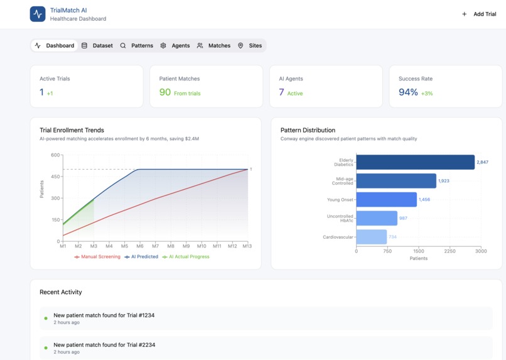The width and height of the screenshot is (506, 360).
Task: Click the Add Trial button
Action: pos(479,14)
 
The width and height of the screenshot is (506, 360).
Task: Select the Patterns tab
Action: pos(136,45)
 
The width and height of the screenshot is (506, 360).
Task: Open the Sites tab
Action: pos(249,45)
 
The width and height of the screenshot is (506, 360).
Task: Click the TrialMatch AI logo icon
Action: pos(38,14)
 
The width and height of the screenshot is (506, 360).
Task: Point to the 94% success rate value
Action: pos(408,92)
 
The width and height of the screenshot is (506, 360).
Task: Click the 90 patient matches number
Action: pos(165,92)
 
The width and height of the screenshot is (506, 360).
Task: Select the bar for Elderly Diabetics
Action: pos(415,162)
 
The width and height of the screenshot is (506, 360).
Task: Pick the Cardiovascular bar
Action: pos(371,237)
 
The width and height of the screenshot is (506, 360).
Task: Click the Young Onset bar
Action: pos(386,200)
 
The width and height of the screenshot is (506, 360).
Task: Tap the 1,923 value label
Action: pos(444,181)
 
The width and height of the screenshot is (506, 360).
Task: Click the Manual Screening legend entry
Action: pos(97,256)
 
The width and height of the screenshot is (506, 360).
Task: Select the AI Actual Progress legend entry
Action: pos(186,256)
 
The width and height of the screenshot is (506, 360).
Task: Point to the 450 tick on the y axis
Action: pos(55,177)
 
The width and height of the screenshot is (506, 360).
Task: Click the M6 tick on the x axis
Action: pos(139,246)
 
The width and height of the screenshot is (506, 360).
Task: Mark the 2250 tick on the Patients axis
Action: pos(449,251)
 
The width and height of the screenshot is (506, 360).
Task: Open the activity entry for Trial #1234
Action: pos(104,315)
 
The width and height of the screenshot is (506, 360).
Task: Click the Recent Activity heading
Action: pos(60,292)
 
